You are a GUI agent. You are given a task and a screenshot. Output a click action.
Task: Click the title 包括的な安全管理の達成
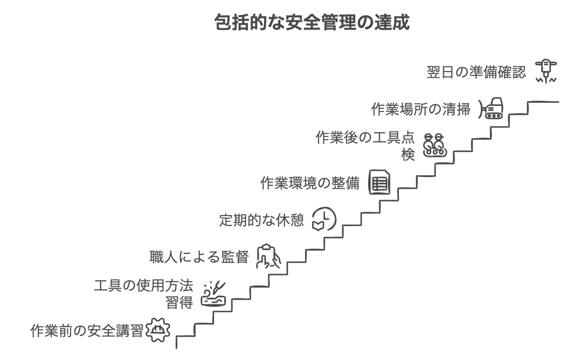(x=312, y=23)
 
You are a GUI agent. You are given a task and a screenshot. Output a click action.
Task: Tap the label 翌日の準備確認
(x=476, y=72)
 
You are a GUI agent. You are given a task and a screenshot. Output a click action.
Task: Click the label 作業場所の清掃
(x=421, y=109)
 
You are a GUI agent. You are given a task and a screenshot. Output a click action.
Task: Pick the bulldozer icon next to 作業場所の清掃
(x=491, y=108)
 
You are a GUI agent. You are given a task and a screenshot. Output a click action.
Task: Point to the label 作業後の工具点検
(x=365, y=138)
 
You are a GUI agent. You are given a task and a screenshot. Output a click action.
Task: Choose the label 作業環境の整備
(x=310, y=183)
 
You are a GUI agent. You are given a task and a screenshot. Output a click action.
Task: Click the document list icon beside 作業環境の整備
(x=379, y=182)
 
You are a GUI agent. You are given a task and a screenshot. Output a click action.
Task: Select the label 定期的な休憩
(x=262, y=220)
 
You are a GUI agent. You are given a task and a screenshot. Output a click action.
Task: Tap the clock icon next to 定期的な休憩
(x=324, y=219)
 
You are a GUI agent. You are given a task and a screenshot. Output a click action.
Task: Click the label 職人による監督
(x=199, y=257)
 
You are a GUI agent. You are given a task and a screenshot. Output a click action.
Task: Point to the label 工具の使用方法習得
(x=143, y=286)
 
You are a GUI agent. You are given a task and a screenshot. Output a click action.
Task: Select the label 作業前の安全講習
(x=87, y=331)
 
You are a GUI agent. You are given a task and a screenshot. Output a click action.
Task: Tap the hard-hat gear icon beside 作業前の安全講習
(x=157, y=330)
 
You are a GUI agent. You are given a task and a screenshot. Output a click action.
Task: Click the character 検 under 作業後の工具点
(x=408, y=155)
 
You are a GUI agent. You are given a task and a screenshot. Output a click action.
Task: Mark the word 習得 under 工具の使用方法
(x=179, y=303)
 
